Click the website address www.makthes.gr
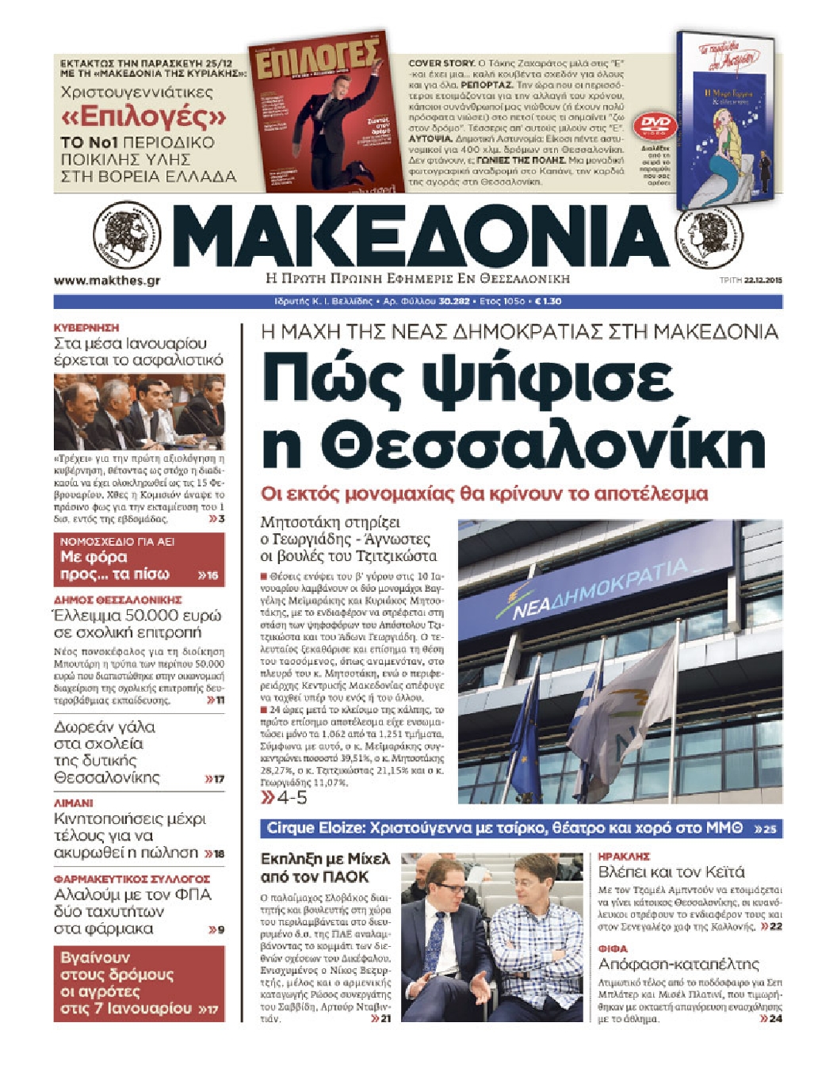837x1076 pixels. (x=107, y=280)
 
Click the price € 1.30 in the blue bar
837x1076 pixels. (x=548, y=302)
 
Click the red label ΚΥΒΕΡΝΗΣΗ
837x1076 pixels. (x=86, y=327)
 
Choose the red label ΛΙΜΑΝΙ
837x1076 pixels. (x=74, y=803)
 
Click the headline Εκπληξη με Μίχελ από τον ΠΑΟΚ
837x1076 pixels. (x=325, y=868)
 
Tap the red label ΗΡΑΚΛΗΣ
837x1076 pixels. (x=624, y=857)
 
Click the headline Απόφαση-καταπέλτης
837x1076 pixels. (x=678, y=964)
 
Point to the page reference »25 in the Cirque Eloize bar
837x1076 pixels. (x=765, y=829)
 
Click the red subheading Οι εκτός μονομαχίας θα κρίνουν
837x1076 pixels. (x=483, y=494)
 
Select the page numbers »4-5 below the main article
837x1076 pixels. (x=285, y=797)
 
